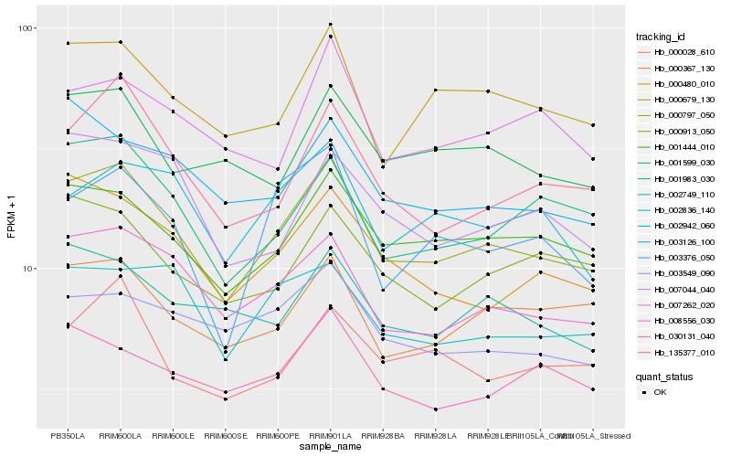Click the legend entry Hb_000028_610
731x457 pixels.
click(x=677, y=52)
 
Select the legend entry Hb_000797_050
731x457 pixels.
click(x=677, y=115)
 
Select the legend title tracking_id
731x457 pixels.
click(x=661, y=37)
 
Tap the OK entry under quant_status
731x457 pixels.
click(x=660, y=391)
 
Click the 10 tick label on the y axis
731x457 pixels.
click(x=27, y=269)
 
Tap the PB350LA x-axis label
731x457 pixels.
click(x=68, y=435)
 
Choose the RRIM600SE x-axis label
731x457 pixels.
click(x=225, y=435)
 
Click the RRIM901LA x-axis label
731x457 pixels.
click(x=330, y=435)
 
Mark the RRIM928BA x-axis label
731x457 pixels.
click(x=383, y=435)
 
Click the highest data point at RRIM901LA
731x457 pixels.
click(x=331, y=25)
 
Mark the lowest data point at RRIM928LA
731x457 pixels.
click(x=436, y=409)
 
